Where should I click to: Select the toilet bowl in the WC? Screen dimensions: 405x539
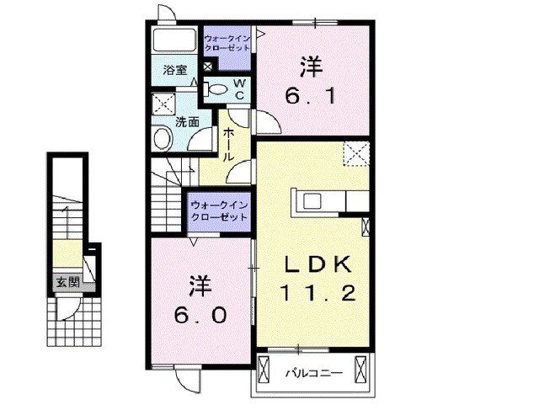click(216, 87)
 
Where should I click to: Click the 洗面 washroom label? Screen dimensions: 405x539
click(187, 121)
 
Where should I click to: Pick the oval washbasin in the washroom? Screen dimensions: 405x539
click(160, 138)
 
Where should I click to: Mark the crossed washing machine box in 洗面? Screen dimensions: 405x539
click(160, 105)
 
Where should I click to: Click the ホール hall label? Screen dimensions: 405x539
click(227, 145)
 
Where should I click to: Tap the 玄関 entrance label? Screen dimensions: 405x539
click(67, 283)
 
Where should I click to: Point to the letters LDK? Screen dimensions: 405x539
click(312, 264)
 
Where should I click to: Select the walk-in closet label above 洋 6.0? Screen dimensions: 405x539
click(219, 210)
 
